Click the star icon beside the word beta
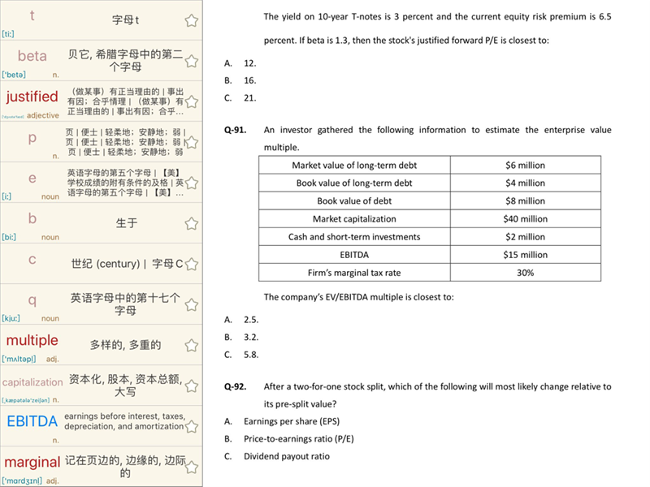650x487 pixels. pos(192,61)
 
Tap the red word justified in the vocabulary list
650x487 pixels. pos(32,97)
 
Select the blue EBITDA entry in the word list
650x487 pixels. pos(32,421)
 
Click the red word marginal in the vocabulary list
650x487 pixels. pos(32,462)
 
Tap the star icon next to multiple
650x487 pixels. pos(192,345)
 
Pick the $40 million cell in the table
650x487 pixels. pos(525,219)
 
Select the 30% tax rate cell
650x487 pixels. pos(525,273)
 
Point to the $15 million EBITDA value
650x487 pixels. pos(525,255)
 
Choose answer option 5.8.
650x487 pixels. pos(251,355)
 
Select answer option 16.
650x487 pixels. pos(250,80)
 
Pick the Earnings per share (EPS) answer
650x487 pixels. pos(292,421)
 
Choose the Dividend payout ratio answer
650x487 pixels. pos(287,456)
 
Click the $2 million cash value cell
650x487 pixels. pos(525,237)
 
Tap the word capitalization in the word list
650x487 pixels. pos(32,382)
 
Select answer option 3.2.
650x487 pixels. pos(251,337)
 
